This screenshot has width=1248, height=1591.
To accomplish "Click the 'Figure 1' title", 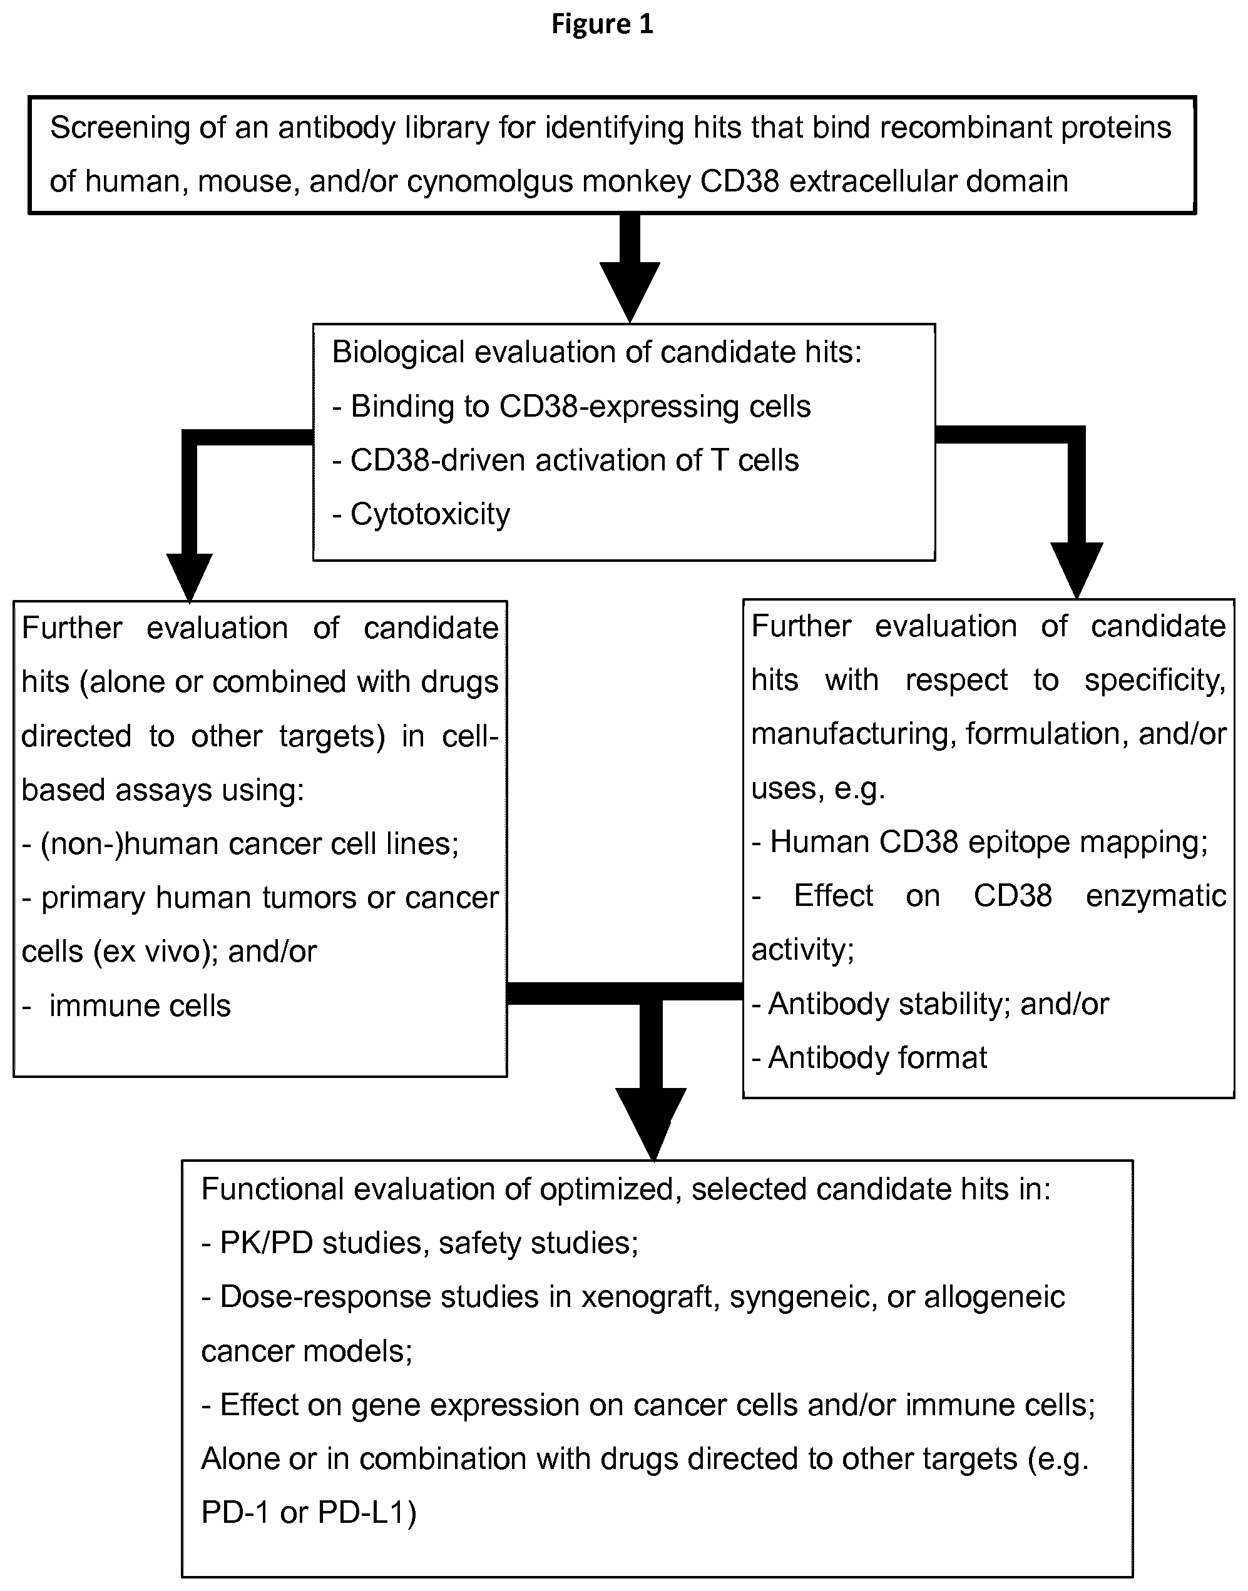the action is point(602,24).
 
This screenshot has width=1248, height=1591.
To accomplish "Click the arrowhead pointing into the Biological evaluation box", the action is point(630,292).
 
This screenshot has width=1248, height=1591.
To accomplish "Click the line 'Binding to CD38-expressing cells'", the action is point(581,407).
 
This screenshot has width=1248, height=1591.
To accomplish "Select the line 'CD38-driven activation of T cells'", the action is point(575,460).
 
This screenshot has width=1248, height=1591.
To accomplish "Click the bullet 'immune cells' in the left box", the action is point(140,1006).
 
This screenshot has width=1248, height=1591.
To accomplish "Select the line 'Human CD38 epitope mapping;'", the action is point(989,842).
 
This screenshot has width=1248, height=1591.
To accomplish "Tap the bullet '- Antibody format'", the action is point(869,1058).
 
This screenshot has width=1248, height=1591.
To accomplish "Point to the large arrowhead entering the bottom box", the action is point(651,1124).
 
